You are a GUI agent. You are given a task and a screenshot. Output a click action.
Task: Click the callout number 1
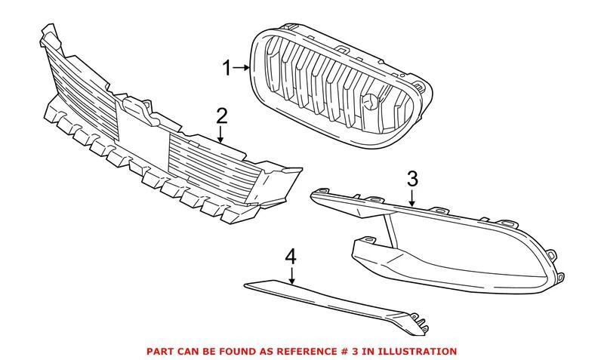[226, 69]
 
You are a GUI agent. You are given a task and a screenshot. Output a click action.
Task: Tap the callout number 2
[221, 116]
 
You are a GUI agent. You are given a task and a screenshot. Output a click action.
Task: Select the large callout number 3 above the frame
[412, 180]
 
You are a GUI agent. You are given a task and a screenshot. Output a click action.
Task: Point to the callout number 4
[291, 257]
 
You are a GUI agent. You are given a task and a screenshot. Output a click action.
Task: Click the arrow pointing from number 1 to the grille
[241, 69]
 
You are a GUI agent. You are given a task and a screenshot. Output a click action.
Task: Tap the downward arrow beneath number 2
[220, 136]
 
